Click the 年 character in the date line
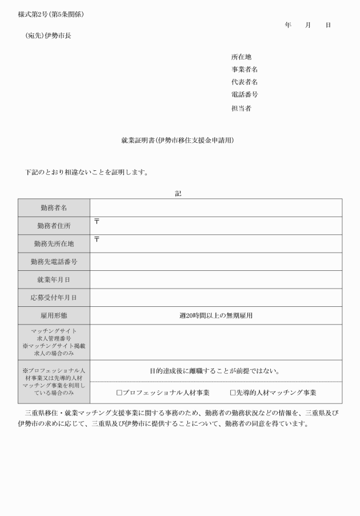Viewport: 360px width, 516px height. [288, 25]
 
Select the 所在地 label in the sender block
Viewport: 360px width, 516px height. [241, 57]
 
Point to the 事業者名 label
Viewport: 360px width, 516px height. [245, 70]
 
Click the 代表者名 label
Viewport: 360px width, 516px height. [245, 82]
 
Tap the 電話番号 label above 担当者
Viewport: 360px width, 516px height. [245, 95]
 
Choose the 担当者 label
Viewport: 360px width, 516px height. [241, 108]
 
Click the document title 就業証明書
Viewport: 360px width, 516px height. [178, 140]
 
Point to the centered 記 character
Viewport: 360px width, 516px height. [178, 194]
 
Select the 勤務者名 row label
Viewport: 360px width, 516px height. [54, 208]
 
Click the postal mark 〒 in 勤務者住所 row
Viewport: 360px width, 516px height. [97, 221]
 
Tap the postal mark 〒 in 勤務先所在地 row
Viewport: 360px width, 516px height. [97, 239]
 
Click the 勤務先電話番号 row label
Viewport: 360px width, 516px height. [54, 262]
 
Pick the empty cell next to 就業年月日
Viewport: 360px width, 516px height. [216, 279]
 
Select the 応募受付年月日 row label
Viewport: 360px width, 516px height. [54, 298]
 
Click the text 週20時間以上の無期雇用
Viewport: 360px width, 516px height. [216, 315]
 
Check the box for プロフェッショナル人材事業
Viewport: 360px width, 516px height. [119, 393]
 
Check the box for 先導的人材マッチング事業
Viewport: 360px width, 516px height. [233, 393]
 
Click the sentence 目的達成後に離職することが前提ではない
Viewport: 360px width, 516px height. [216, 371]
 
